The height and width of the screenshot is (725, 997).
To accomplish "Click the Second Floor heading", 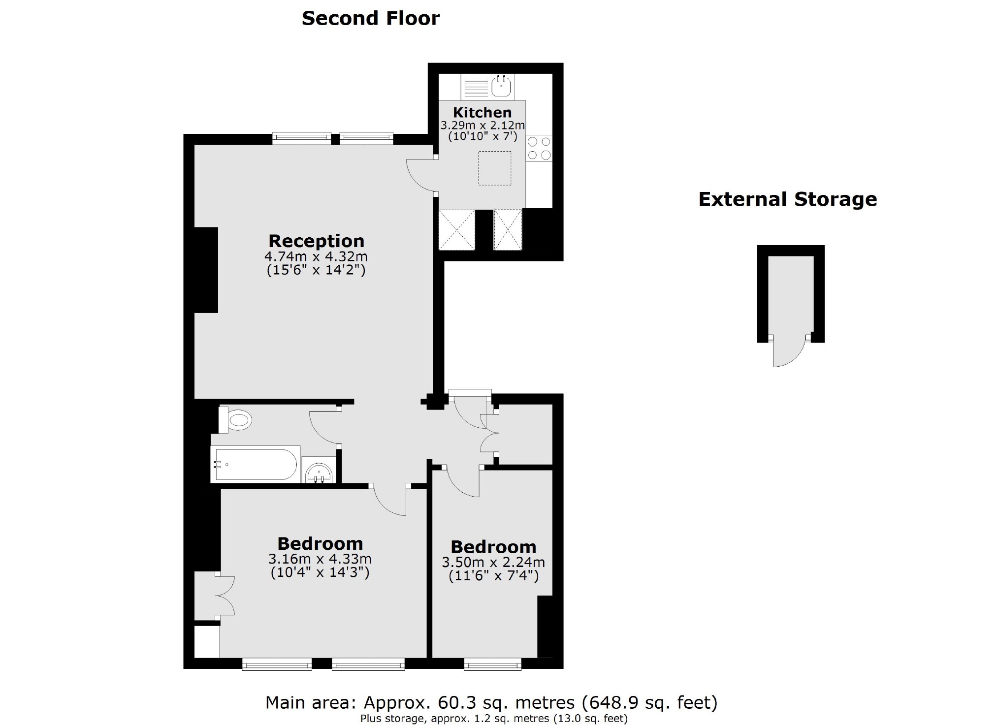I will pyautogui.click(x=370, y=19).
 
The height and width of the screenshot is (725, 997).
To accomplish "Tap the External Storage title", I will pyautogui.click(x=787, y=199).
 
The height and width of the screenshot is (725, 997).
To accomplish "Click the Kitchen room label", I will pyautogui.click(x=482, y=112).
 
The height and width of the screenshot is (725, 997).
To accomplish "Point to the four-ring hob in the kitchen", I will pyautogui.click(x=539, y=148).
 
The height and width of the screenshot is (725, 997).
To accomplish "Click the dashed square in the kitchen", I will pyautogui.click(x=494, y=168).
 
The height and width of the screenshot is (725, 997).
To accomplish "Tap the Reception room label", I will pyautogui.click(x=316, y=241).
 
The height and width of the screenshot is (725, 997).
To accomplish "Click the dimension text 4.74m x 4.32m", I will pyautogui.click(x=316, y=256).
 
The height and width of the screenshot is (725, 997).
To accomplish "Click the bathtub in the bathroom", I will pyautogui.click(x=255, y=464).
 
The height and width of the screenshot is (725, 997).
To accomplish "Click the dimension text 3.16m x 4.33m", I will pyautogui.click(x=320, y=559).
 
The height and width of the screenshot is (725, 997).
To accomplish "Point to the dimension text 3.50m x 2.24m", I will pyautogui.click(x=493, y=562).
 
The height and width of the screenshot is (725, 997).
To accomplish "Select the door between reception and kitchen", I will pyautogui.click(x=421, y=176).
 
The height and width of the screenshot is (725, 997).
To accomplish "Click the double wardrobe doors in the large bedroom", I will pyautogui.click(x=225, y=596).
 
